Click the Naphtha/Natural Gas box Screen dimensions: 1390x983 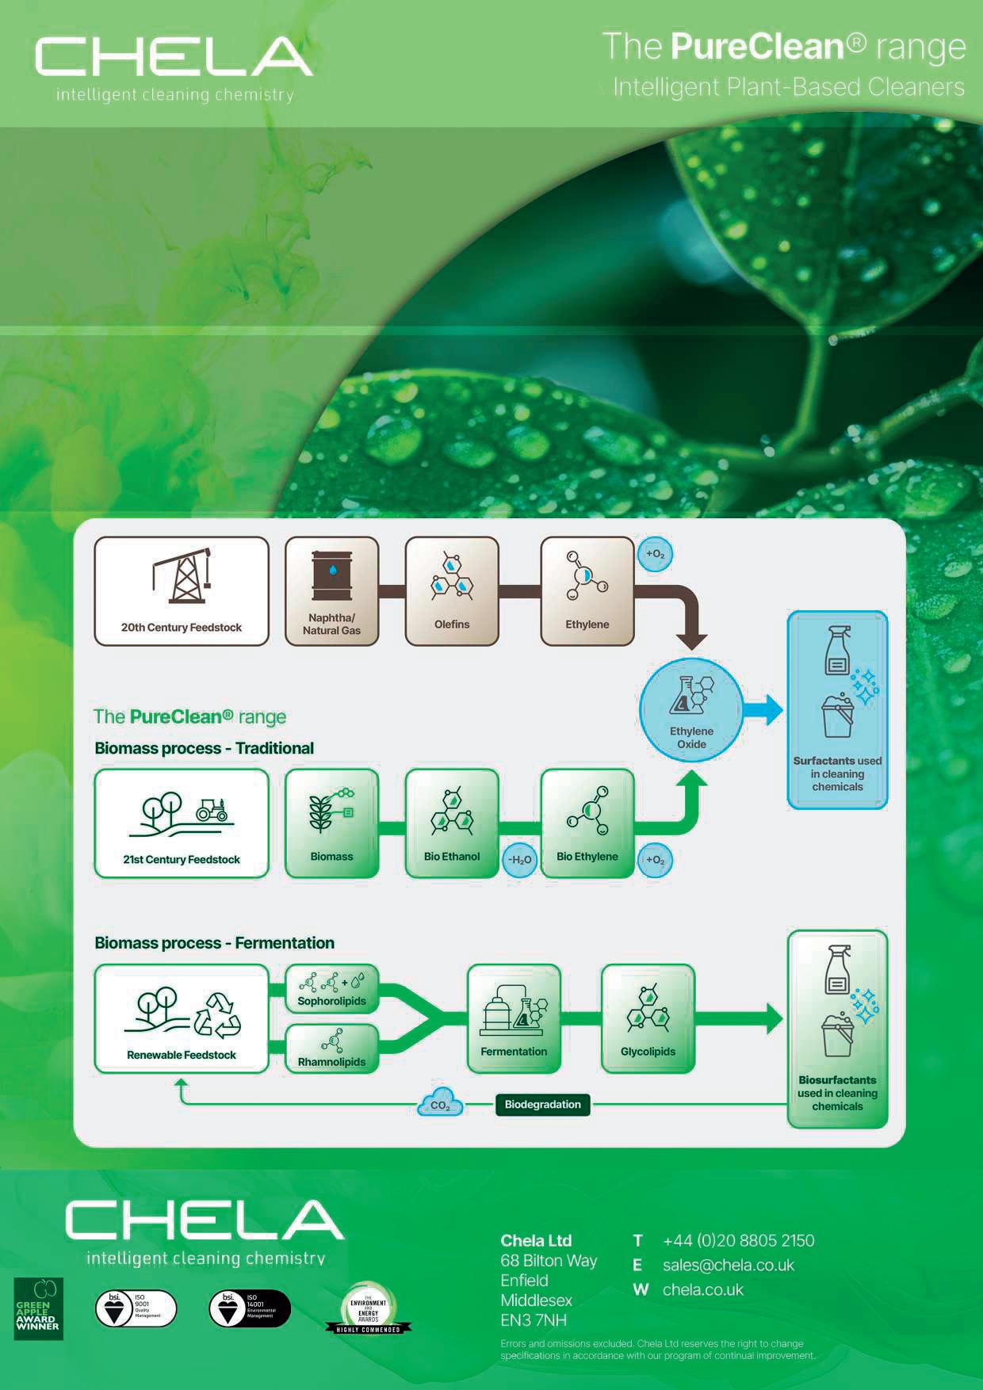tap(331, 591)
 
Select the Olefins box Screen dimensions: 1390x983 tap(452, 591)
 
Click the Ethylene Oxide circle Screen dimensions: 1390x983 tap(691, 708)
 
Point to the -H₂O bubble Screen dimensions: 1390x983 tap(520, 860)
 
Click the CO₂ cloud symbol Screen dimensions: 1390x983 tap(440, 1103)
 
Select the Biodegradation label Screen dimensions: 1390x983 tap(542, 1105)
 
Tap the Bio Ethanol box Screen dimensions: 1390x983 tap(452, 823)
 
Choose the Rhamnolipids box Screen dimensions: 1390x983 tap(331, 1048)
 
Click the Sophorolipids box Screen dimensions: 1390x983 tap(331, 988)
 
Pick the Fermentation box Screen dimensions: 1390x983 tap(514, 1018)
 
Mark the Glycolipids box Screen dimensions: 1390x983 tap(648, 1018)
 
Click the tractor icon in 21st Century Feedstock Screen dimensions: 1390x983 tap(212, 809)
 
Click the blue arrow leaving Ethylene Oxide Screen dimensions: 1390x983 tap(763, 709)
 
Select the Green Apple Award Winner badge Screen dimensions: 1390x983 tap(38, 1309)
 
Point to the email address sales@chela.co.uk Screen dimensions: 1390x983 tap(728, 1266)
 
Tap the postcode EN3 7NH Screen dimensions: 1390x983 tap(534, 1320)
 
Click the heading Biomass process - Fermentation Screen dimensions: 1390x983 tap(214, 943)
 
